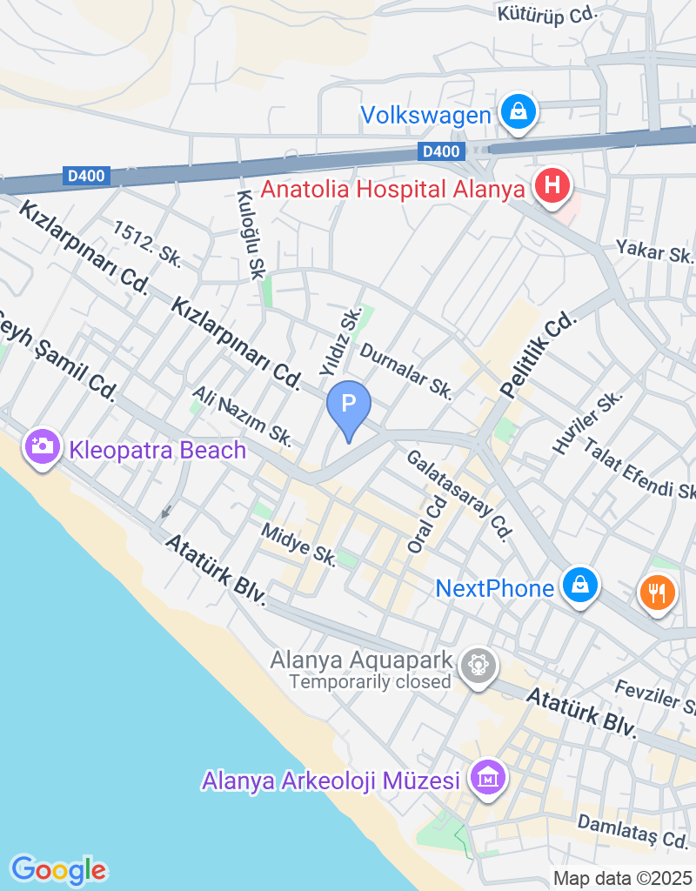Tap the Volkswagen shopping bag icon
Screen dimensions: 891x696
pyautogui.click(x=519, y=113)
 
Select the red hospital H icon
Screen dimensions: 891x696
pyautogui.click(x=552, y=186)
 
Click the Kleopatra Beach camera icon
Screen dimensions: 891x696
pyautogui.click(x=42, y=447)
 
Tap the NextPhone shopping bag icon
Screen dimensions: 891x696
pyautogui.click(x=578, y=586)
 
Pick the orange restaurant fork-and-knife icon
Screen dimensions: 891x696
pyautogui.click(x=658, y=593)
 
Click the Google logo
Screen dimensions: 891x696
pyautogui.click(x=58, y=869)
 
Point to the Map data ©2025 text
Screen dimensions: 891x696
pyautogui.click(x=622, y=878)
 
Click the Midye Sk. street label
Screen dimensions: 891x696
pyautogui.click(x=298, y=544)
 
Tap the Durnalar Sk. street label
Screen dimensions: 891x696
pyautogui.click(x=406, y=372)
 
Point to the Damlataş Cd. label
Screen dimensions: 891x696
pyautogui.click(x=632, y=831)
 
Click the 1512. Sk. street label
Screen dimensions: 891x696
pyautogui.click(x=146, y=243)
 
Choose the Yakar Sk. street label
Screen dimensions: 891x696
pyautogui.click(x=654, y=251)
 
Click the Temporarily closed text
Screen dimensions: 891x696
pyautogui.click(x=371, y=681)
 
